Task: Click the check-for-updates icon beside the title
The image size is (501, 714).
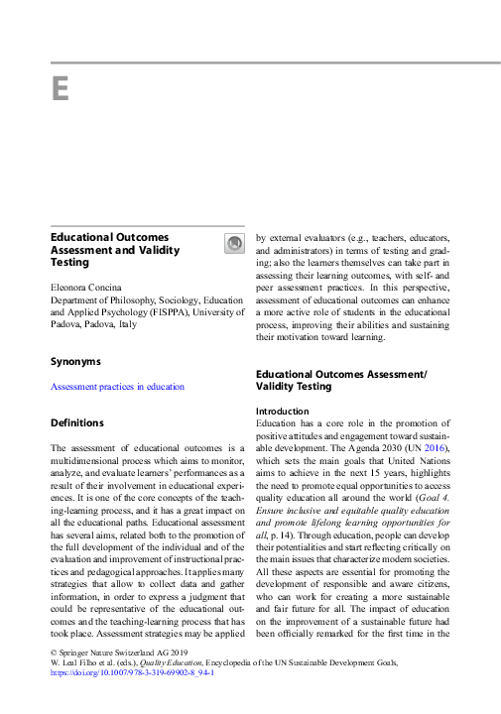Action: point(234,244)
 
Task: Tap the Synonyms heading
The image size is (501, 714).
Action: point(75,362)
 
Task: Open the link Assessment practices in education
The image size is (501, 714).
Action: point(117,387)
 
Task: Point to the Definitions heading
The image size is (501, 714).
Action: point(76,423)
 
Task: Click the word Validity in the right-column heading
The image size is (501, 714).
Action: point(278,386)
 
